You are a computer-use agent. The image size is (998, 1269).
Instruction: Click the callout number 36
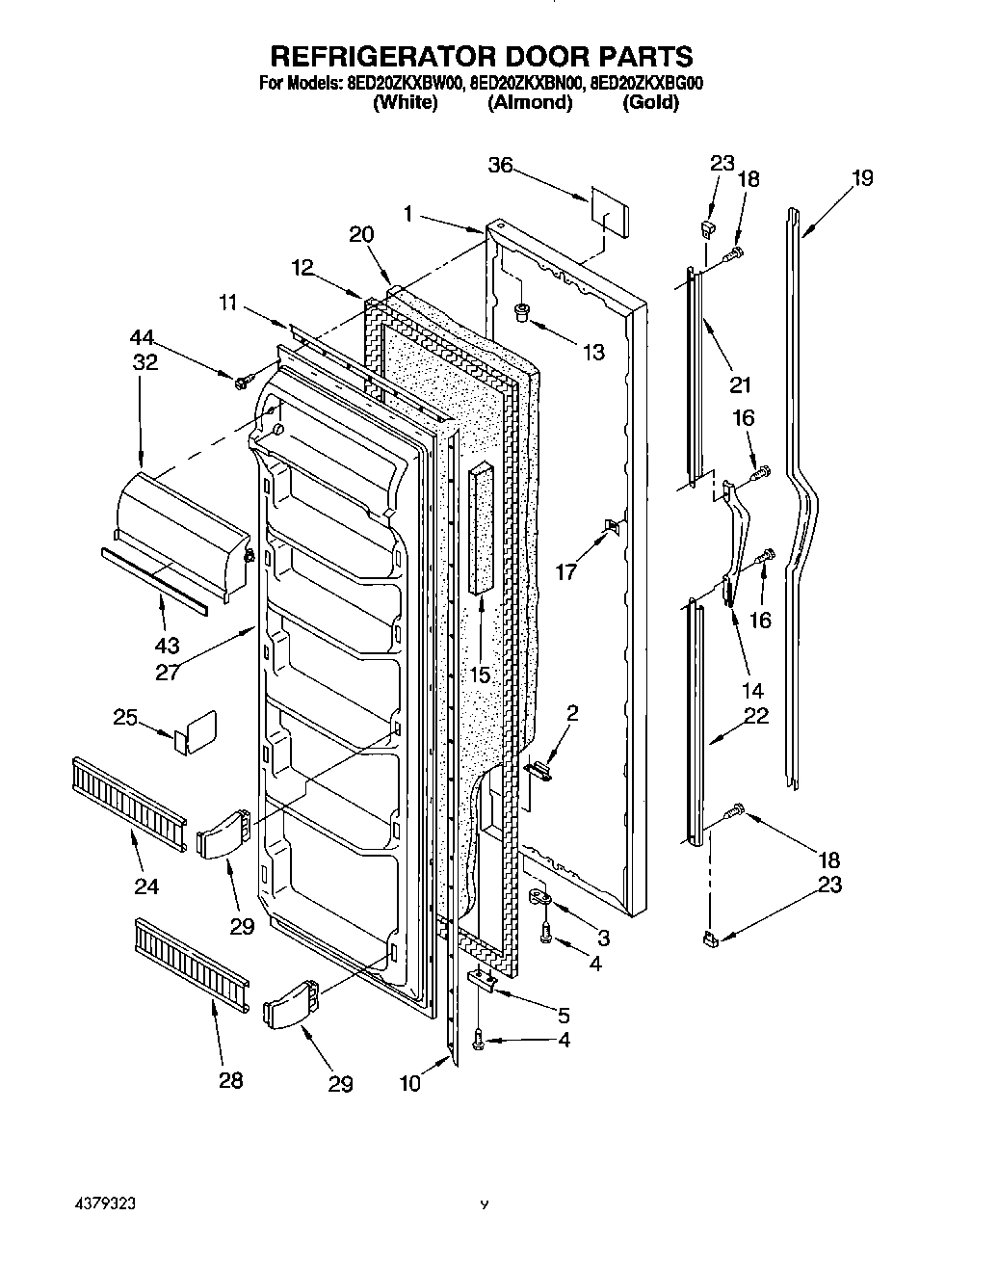coord(499,165)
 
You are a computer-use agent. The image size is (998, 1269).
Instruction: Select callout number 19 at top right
coord(862,177)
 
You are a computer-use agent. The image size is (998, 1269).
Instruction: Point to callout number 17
coord(565,571)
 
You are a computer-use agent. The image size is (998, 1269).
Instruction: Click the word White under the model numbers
coord(405,103)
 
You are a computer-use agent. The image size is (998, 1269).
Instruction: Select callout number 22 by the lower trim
coord(756,717)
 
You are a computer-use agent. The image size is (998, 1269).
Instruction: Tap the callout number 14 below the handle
coord(752,690)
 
